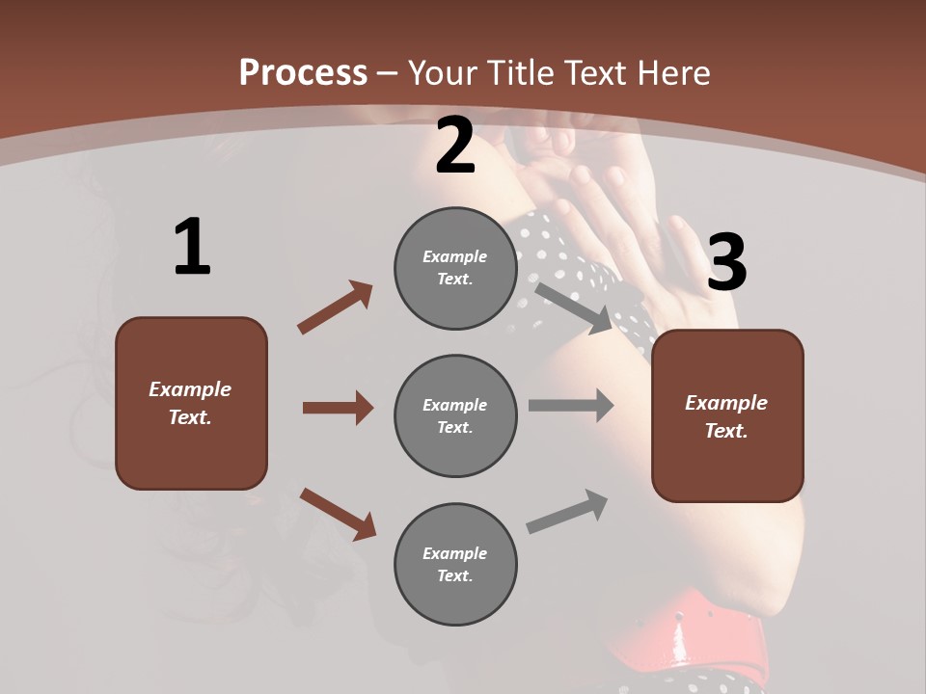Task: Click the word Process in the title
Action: click(x=303, y=72)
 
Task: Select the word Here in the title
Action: click(x=672, y=72)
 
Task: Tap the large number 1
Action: click(x=192, y=248)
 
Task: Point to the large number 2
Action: click(x=455, y=147)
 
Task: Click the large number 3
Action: click(x=726, y=263)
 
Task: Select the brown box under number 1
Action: click(x=191, y=403)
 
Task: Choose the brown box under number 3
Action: click(x=727, y=415)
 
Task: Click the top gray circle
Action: click(x=455, y=268)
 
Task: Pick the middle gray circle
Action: click(x=455, y=415)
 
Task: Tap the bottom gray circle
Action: click(x=455, y=564)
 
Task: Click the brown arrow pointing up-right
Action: click(x=336, y=307)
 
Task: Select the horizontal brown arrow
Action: click(x=338, y=408)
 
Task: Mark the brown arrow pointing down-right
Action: click(x=338, y=514)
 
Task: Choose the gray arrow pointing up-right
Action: click(x=568, y=511)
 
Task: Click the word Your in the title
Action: click(x=443, y=72)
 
